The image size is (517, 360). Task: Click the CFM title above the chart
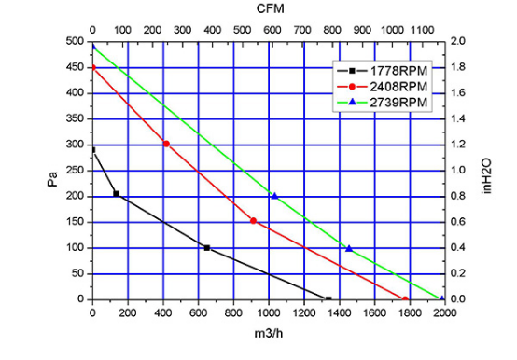(x=270, y=8)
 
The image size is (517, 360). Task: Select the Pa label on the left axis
(x=53, y=179)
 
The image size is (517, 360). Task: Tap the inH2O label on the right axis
(x=486, y=176)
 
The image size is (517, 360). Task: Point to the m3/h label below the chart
(x=269, y=334)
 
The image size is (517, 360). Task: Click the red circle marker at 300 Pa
(x=166, y=144)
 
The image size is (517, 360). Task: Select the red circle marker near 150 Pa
(x=253, y=221)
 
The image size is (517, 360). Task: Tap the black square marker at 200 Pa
(x=116, y=194)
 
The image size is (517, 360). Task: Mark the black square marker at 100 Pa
(x=207, y=248)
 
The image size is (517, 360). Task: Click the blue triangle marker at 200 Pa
(x=274, y=196)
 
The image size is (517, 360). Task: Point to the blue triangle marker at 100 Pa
(x=349, y=248)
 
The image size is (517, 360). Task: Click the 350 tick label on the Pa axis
(x=76, y=118)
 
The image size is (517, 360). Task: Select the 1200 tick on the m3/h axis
(x=303, y=312)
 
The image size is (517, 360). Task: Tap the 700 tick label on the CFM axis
(x=302, y=30)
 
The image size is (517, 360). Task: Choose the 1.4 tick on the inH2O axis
(x=457, y=118)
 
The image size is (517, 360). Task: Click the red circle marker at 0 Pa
(x=405, y=299)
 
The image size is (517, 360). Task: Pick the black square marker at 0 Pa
(x=328, y=299)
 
